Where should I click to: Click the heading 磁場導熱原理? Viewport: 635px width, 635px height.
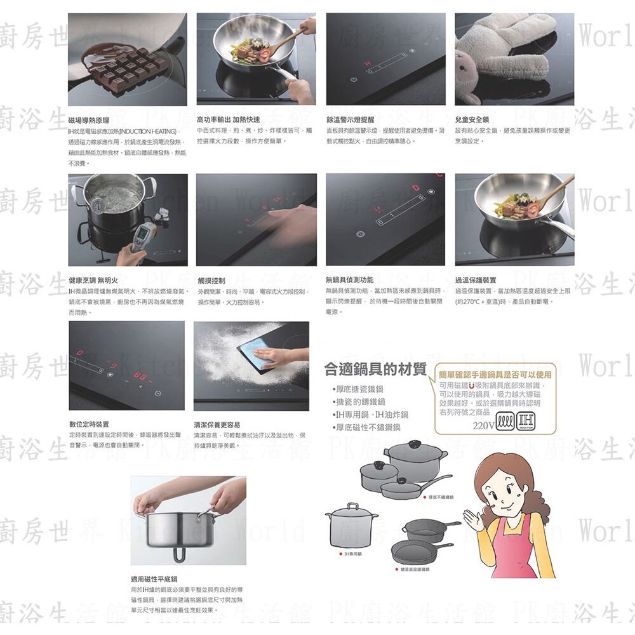(89, 120)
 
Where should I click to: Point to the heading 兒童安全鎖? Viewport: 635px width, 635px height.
(472, 120)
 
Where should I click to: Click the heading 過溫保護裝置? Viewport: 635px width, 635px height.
(476, 280)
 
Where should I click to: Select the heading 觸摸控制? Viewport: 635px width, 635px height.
(211, 280)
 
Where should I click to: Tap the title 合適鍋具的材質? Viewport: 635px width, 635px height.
(375, 369)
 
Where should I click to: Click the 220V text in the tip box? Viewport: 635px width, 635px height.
(483, 425)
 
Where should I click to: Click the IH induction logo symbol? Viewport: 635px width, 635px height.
(526, 422)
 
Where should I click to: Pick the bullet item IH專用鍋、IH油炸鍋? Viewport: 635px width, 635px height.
(372, 415)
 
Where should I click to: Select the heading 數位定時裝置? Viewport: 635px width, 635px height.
(89, 424)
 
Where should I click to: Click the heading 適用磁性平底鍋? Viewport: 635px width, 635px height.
(154, 579)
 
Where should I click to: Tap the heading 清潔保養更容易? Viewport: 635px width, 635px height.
(217, 424)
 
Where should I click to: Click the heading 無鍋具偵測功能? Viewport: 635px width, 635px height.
(349, 280)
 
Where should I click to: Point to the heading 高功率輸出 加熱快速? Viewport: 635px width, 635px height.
(228, 120)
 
